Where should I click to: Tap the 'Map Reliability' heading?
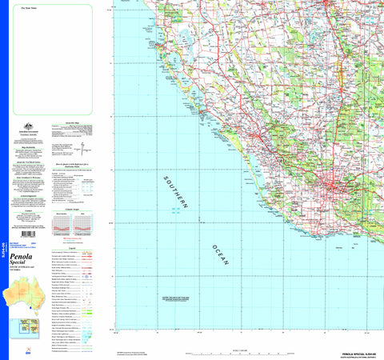[28, 147]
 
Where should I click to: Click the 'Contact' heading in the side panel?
[28, 212]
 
